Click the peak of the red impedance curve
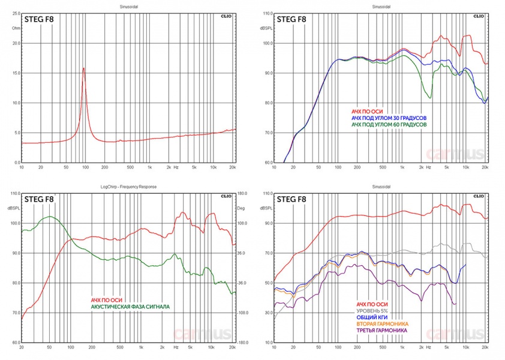[x=83, y=68]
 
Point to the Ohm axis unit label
[x=16, y=28]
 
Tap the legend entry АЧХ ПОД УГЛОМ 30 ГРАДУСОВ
[x=389, y=118]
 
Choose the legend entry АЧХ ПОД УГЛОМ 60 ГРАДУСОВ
[x=389, y=125]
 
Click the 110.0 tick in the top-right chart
[x=266, y=13]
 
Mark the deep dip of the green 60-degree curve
[x=429, y=97]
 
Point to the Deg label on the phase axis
[x=242, y=208]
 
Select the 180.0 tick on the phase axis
[x=242, y=194]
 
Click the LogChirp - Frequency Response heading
[x=127, y=187]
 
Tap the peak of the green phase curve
[x=50, y=217]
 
